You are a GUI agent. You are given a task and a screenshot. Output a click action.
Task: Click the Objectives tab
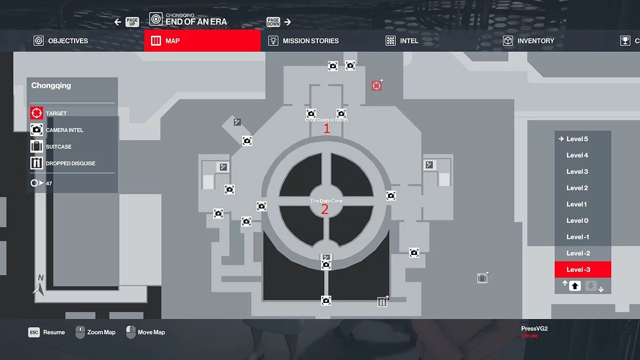[x=61, y=41]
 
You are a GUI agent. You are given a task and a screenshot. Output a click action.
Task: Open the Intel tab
[x=403, y=41]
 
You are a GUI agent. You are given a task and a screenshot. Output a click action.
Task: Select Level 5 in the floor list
[x=577, y=139]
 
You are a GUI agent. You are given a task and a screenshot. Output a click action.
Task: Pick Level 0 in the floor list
[x=577, y=221]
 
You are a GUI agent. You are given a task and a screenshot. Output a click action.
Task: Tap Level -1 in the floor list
[x=578, y=237]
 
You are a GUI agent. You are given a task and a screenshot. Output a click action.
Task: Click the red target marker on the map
[x=377, y=85]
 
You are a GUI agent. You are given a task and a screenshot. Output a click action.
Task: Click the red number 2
[x=324, y=210]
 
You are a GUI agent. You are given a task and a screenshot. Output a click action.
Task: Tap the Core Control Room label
[x=326, y=120]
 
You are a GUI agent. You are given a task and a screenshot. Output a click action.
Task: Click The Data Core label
[x=326, y=201]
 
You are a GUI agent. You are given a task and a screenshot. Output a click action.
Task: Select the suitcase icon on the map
[x=482, y=278]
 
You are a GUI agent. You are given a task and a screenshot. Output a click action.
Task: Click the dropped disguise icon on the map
[x=382, y=302]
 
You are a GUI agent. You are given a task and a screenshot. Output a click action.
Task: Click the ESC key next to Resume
[x=34, y=332]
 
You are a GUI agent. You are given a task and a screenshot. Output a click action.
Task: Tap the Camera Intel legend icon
[x=37, y=130]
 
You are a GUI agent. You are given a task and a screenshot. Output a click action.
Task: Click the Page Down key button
[x=273, y=22]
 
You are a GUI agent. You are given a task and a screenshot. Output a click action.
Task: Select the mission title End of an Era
[x=196, y=22]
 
